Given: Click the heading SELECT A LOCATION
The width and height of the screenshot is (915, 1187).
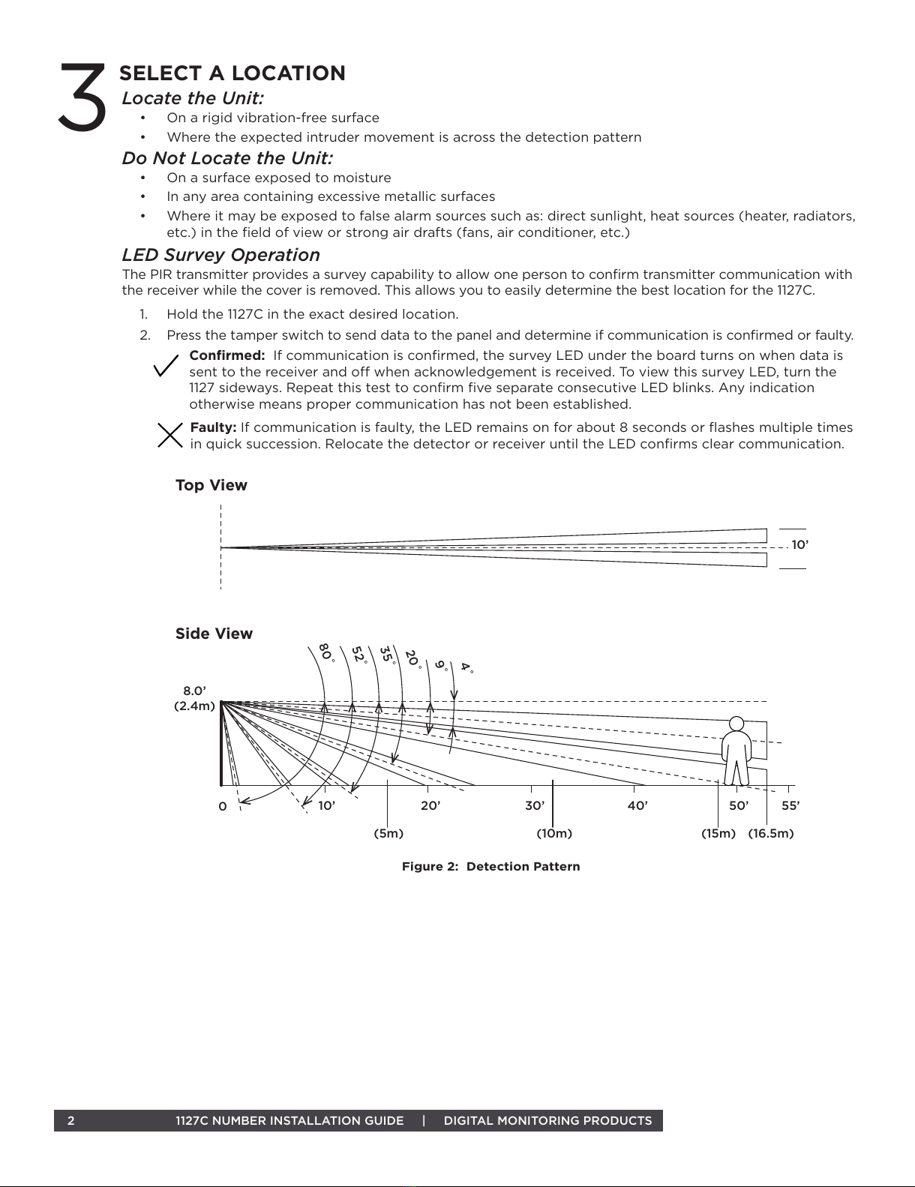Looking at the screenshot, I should click(232, 73).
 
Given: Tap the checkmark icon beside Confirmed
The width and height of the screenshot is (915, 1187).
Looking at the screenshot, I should click(166, 367).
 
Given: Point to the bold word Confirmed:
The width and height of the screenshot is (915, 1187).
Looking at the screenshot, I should click(226, 355).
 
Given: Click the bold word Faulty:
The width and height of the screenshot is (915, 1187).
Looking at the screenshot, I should click(214, 427).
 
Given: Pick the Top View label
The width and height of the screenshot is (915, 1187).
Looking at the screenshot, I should click(211, 485).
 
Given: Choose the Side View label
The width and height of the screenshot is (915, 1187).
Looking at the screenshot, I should click(214, 634).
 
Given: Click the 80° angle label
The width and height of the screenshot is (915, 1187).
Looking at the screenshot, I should click(325, 651).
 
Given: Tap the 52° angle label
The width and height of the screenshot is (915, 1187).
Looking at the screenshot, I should click(359, 655).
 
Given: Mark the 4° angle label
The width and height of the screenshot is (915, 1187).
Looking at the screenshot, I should click(466, 667).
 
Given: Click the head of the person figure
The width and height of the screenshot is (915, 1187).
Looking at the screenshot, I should click(736, 724).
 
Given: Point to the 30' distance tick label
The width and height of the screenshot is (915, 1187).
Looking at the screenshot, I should click(534, 806).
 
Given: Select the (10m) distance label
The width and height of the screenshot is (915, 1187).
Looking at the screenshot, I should click(554, 834).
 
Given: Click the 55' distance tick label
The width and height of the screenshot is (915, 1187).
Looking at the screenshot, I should click(790, 806).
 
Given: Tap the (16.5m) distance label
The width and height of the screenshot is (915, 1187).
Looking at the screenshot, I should click(770, 834).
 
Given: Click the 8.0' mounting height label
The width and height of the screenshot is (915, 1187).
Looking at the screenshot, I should click(195, 691).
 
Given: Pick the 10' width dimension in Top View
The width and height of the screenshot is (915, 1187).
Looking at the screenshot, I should click(799, 545).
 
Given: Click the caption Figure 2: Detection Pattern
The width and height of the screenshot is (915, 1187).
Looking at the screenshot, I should click(490, 867).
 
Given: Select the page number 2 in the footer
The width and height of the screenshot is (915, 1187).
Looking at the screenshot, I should click(70, 1121).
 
